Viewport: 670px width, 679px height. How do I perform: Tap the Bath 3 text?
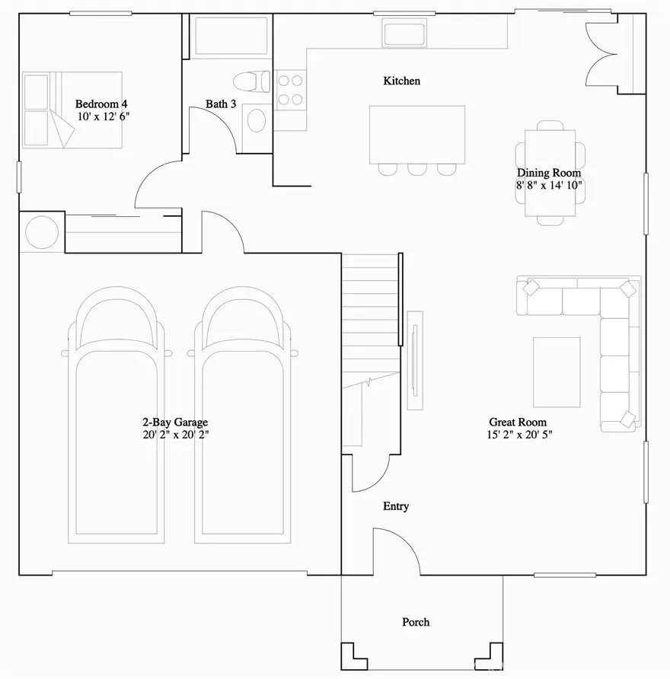coord(221,104)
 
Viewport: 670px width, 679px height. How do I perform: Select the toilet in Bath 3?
coord(250,81)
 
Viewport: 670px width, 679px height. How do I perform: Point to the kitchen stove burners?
coord(289,88)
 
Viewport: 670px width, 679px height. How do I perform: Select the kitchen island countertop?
coord(416,134)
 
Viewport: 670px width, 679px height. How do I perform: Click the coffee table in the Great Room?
coord(556,372)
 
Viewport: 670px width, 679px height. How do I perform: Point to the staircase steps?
coord(370,304)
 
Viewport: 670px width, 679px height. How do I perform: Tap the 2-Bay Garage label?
coord(174,422)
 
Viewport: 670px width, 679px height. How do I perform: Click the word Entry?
coord(396,506)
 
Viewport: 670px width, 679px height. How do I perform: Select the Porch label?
coord(416,622)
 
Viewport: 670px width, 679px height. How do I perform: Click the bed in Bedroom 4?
coord(72,110)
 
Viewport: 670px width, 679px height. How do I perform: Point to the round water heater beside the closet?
coord(42,232)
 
